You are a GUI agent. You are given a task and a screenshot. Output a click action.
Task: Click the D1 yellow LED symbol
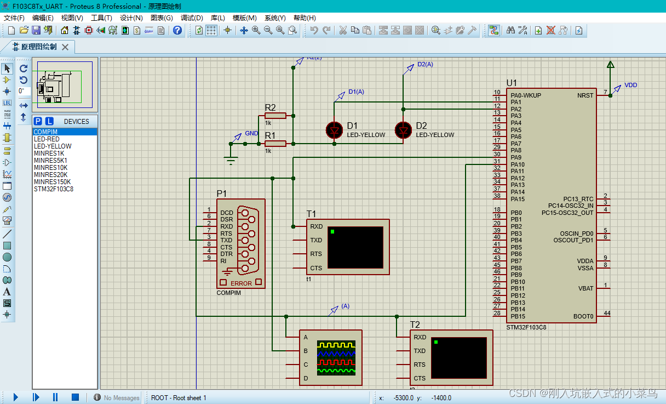[335, 130]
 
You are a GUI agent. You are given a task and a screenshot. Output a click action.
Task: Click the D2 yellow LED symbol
[404, 130]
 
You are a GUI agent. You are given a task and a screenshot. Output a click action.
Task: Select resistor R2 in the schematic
[275, 116]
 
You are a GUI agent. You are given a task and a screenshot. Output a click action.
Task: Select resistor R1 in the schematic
[275, 144]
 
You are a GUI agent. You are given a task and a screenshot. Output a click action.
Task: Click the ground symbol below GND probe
[231, 160]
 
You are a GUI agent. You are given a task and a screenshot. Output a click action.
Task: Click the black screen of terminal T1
[355, 247]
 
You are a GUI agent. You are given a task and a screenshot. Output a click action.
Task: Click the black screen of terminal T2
[458, 357]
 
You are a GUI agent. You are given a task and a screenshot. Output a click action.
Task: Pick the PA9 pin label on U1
[516, 157]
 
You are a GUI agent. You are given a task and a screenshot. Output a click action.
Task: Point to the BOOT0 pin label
[583, 316]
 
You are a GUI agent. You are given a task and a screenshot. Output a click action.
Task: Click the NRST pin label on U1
[585, 95]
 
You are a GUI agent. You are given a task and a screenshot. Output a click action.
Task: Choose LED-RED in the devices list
[47, 139]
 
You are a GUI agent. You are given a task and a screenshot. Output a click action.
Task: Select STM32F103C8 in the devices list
[54, 189]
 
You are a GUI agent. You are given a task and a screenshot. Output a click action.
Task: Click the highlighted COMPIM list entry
[46, 132]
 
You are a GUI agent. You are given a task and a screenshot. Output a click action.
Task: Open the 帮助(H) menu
[305, 18]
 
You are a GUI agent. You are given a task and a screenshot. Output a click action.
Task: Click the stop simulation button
[76, 397]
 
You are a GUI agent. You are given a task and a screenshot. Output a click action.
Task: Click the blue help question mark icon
[177, 31]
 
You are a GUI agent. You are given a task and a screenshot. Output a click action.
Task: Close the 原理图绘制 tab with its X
[65, 47]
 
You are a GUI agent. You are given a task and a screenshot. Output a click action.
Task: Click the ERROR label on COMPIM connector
[241, 283]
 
